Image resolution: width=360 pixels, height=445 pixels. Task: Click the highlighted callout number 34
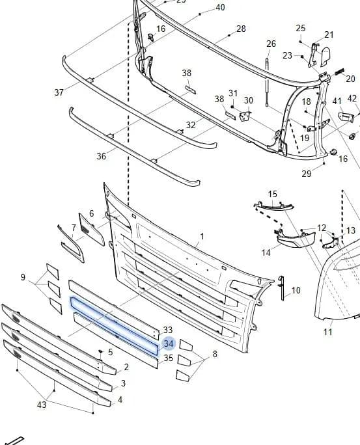coord(169,344)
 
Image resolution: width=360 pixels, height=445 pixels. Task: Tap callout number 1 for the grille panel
coord(202,236)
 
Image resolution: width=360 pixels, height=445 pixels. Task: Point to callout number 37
coord(59,92)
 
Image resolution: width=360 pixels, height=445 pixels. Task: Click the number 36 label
coord(101,156)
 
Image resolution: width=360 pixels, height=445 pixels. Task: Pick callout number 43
coord(42,405)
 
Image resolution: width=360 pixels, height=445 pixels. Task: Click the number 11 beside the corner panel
coord(328,332)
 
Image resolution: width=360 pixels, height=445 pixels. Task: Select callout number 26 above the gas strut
coord(271,44)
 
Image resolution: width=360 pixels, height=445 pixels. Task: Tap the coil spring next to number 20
coord(339,72)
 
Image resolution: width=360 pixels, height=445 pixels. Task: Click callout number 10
coord(296,290)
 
